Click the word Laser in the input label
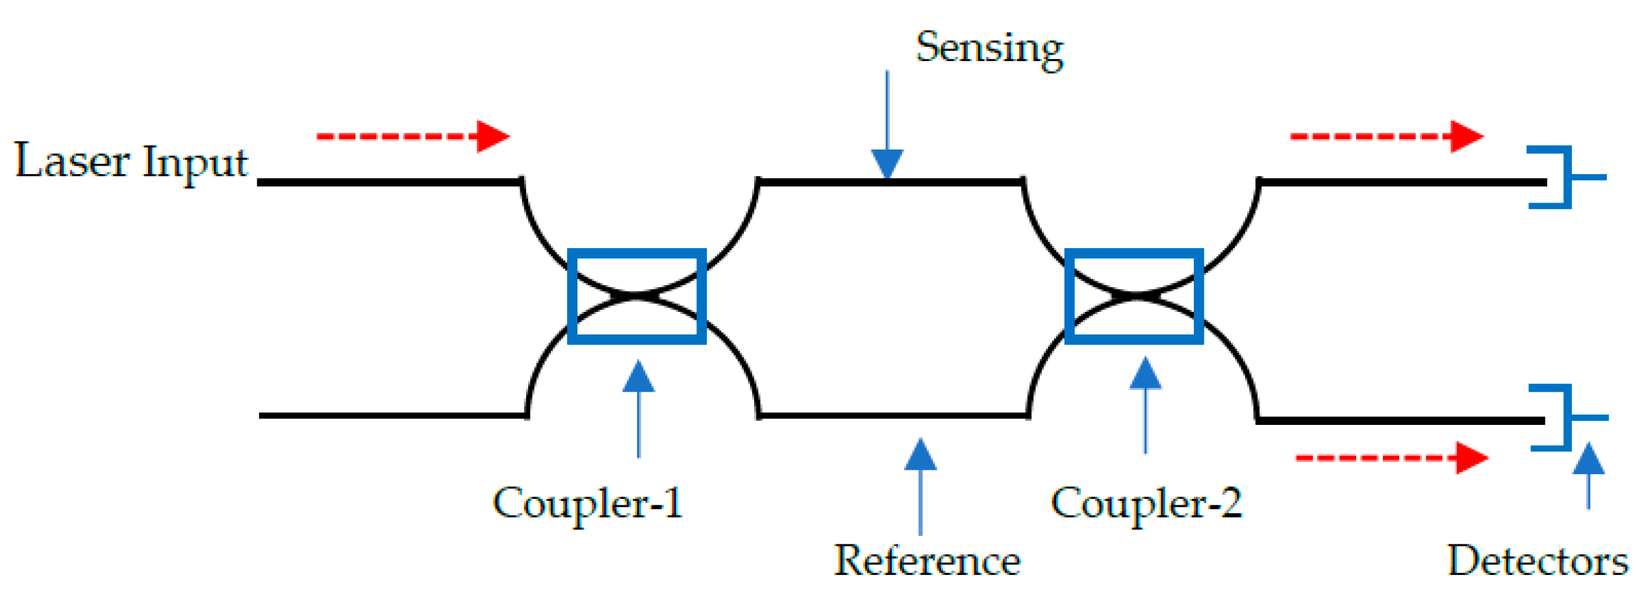71,161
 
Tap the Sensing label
989,49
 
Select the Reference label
927,561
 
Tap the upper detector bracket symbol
1566,177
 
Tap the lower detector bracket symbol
1567,418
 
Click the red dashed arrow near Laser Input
412,136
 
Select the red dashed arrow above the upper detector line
1386,136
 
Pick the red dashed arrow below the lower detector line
1391,458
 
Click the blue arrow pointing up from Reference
920,487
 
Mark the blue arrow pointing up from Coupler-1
639,409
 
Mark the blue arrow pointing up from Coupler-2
1145,405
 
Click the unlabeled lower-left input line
390,415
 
